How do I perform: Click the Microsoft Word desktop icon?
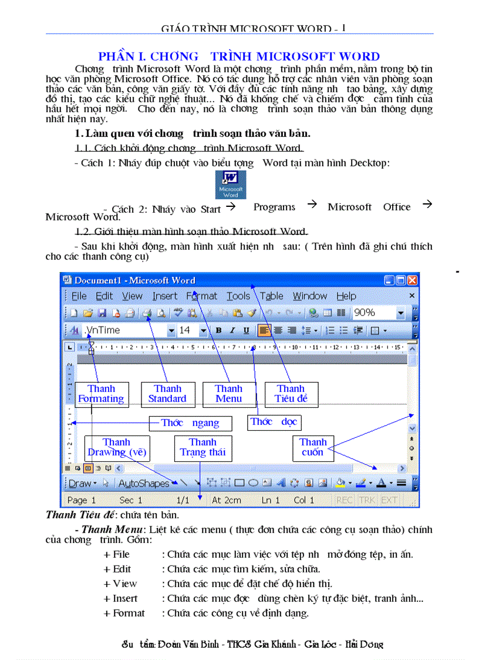(230, 185)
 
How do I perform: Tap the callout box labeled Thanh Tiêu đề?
(291, 394)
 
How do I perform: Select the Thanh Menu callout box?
(229, 394)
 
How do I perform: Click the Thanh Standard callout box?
(167, 394)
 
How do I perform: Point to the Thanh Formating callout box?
(101, 394)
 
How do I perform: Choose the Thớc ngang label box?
(190, 423)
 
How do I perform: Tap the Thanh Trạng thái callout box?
(203, 448)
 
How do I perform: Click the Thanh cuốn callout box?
(313, 448)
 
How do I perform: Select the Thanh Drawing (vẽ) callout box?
(117, 448)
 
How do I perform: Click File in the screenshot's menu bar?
(79, 296)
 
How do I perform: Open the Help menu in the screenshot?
(346, 296)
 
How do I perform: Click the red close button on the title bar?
(412, 280)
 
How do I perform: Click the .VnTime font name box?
(127, 330)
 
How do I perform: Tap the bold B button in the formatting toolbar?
(218, 330)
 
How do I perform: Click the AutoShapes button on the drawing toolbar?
(144, 484)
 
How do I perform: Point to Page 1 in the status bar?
(82, 500)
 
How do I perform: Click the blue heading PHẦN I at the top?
(239, 57)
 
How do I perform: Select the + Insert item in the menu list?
(121, 599)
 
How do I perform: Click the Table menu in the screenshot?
(272, 296)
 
